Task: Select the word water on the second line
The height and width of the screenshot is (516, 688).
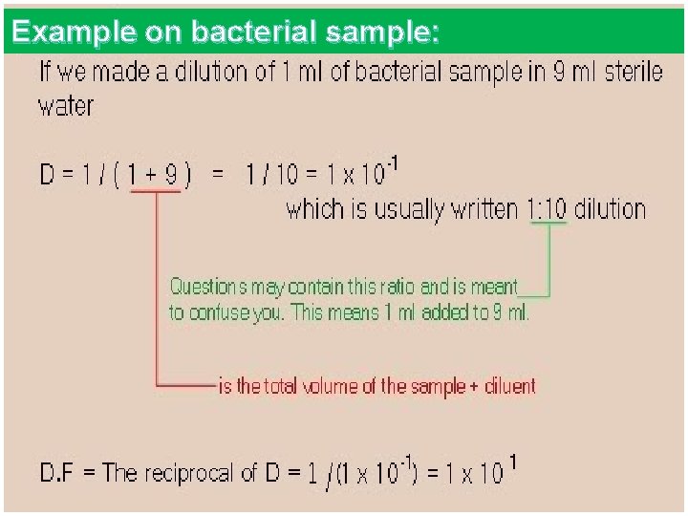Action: (66, 105)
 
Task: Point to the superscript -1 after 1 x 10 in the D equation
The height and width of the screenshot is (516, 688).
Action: (392, 166)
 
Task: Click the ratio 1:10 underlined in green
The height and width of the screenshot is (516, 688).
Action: (547, 209)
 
